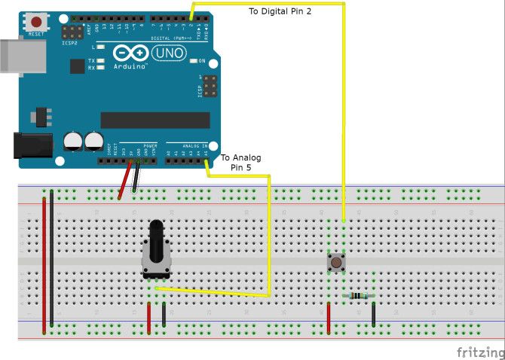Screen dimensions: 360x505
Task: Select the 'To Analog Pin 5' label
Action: coord(240,162)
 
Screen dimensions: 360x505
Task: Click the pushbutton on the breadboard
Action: coord(335,263)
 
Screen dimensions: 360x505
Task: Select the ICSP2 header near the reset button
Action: coord(72,32)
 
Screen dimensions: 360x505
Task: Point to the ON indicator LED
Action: coord(193,60)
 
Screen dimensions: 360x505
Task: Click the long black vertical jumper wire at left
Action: coord(51,260)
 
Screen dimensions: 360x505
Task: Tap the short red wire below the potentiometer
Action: coord(149,318)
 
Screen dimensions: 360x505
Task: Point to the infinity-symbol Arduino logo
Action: coord(129,53)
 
